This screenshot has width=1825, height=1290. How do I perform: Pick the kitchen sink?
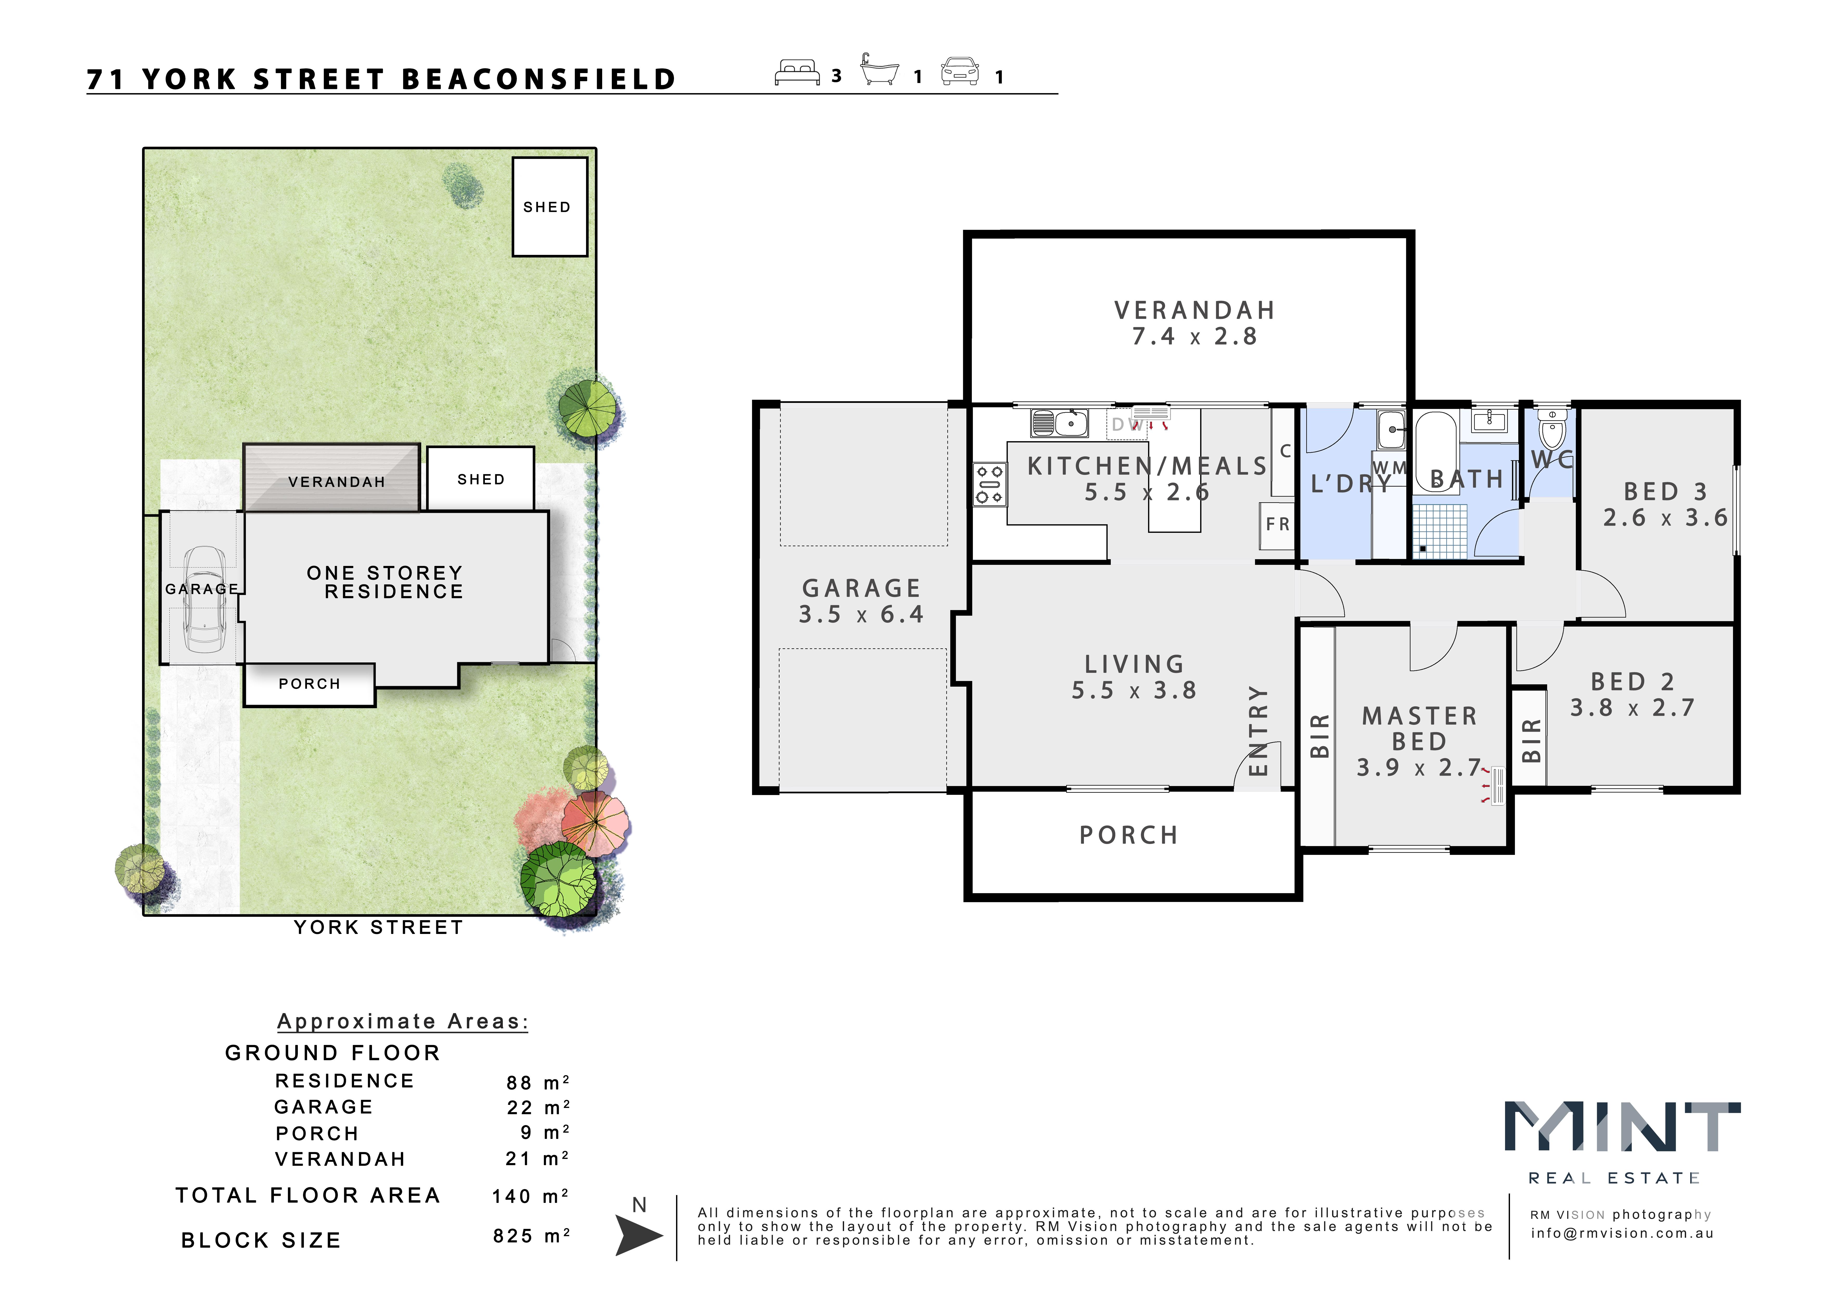(x=1059, y=423)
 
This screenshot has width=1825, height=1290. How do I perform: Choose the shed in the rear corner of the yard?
(x=549, y=207)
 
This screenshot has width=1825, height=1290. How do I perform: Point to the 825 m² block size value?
(x=531, y=1236)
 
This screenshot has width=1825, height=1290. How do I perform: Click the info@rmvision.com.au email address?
(x=1622, y=1234)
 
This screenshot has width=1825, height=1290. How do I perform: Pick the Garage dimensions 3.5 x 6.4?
(x=861, y=614)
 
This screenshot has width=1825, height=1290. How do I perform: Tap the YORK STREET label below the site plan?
(x=378, y=927)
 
